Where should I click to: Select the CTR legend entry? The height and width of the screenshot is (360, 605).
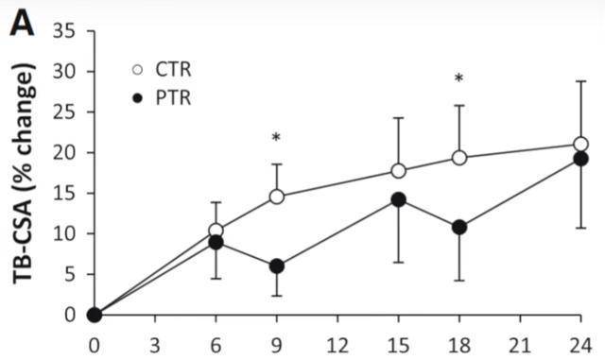pos(162,70)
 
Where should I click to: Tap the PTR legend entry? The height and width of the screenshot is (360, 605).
pos(162,98)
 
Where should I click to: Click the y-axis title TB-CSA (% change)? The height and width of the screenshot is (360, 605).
pos(25,173)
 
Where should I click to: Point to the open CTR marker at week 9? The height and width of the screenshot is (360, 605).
pos(277,197)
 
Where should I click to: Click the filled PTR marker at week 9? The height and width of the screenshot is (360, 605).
pos(277,266)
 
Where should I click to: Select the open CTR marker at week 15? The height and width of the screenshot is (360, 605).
pos(398,170)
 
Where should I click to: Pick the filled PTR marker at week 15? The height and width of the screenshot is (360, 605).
pos(398,199)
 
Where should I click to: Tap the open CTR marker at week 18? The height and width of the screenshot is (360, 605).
pos(459,158)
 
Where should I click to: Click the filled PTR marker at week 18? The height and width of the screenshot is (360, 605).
pos(459,228)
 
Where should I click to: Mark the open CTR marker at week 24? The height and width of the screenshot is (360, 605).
pos(580,145)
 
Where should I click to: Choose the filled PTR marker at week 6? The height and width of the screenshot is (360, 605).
pos(216,243)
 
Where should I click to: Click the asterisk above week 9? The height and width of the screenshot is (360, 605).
pos(276,137)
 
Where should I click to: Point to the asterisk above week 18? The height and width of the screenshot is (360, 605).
pos(458,78)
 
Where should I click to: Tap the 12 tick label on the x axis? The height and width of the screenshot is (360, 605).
pos(337,345)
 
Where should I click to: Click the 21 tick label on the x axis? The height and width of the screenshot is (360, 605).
pos(520,345)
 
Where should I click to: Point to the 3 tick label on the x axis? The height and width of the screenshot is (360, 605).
pos(155,345)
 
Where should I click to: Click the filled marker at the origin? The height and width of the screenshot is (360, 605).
pos(95,315)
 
